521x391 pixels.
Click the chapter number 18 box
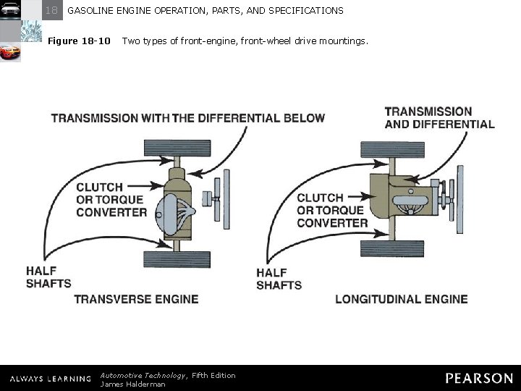(51, 10)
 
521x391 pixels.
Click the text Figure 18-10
(79, 41)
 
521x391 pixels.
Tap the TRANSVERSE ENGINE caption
(136, 299)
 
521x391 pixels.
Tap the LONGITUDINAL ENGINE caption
(402, 299)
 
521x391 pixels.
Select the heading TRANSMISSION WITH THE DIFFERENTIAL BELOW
(188, 118)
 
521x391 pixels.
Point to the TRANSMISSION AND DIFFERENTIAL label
(439, 117)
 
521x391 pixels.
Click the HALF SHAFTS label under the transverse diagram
(48, 277)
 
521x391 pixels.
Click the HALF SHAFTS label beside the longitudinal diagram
(279, 279)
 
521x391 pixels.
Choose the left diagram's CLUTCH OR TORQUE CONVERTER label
(110, 200)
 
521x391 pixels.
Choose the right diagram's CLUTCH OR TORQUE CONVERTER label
(332, 210)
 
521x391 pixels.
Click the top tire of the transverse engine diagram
(177, 147)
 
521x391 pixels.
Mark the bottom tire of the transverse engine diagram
(177, 259)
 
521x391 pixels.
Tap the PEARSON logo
(479, 378)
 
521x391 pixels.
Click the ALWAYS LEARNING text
(50, 379)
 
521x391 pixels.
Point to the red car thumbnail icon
(10, 52)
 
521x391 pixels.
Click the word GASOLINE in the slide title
(92, 11)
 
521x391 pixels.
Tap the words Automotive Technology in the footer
(143, 375)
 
